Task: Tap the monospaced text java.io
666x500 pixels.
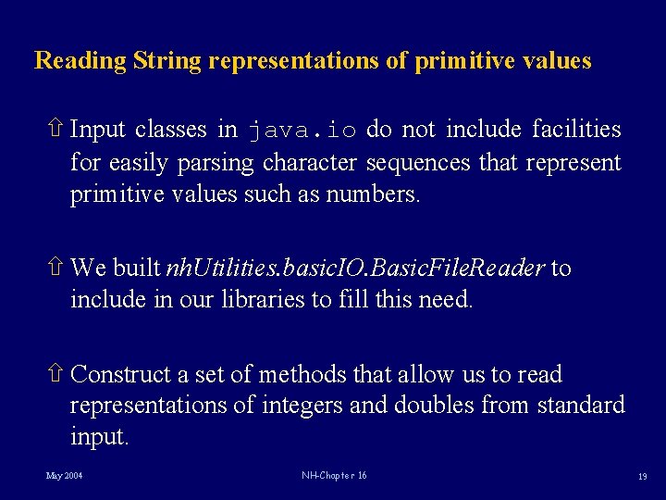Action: [302, 131]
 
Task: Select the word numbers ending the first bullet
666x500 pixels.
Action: [380, 196]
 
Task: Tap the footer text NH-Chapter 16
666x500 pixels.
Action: [334, 476]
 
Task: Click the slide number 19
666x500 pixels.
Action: [641, 477]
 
